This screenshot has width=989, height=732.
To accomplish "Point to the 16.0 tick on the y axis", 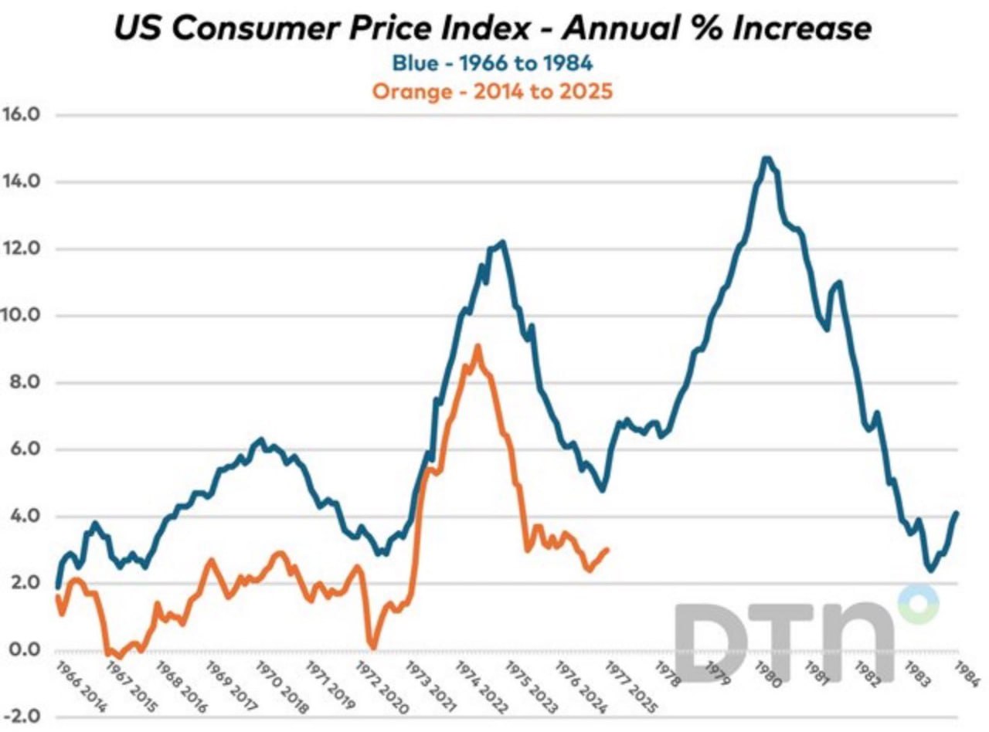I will (x=29, y=114).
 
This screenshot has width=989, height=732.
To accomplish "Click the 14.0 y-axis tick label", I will (x=29, y=181).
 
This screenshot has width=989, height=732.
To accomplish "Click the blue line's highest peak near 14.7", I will (x=766, y=158).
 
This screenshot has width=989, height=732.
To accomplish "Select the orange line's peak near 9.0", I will (x=478, y=347).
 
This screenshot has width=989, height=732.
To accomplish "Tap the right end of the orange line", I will (x=607, y=550).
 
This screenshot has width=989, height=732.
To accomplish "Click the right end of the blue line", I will (x=957, y=513).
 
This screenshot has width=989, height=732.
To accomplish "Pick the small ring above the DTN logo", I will (x=918, y=603).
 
